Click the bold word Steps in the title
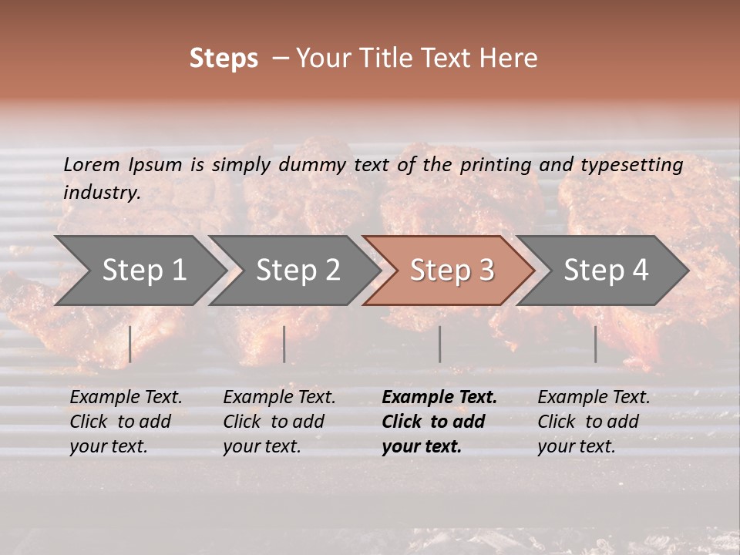click(x=224, y=59)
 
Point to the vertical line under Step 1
click(x=130, y=344)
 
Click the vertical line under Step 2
click(x=284, y=344)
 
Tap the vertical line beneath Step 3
click(x=440, y=344)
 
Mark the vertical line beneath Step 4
click(x=595, y=344)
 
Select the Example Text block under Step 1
click(x=126, y=422)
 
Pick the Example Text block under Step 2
click(x=279, y=422)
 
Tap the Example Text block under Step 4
click(x=594, y=422)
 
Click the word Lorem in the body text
click(x=92, y=165)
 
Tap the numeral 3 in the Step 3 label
click(x=486, y=271)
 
